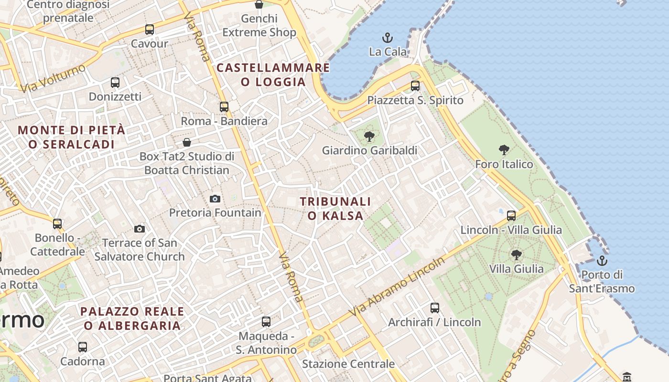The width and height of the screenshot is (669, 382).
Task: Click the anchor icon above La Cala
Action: click(x=388, y=37)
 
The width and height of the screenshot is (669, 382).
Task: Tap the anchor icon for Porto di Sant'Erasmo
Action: click(x=602, y=261)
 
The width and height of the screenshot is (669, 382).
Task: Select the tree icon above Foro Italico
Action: click(x=504, y=150)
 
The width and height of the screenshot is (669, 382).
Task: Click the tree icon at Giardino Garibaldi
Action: click(x=369, y=137)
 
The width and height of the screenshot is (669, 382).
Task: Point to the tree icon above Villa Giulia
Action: click(x=516, y=255)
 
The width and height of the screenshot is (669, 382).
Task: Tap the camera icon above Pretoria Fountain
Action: click(x=215, y=199)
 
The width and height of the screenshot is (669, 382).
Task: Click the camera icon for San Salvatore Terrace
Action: click(x=140, y=229)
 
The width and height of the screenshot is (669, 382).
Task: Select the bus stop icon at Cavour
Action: click(x=150, y=30)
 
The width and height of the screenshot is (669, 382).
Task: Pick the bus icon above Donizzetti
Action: click(x=115, y=83)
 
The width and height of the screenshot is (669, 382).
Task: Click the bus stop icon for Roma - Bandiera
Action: click(x=224, y=107)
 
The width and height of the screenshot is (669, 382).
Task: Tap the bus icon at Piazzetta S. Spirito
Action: click(x=415, y=86)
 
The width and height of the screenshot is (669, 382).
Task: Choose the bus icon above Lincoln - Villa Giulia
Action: click(x=511, y=216)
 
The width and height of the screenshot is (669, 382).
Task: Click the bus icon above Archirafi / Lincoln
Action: click(x=434, y=308)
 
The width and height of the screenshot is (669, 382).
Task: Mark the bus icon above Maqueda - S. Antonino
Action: click(x=266, y=322)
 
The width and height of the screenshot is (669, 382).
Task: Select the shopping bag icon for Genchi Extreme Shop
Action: click(x=259, y=5)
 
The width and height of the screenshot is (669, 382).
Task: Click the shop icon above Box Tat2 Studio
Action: click(x=187, y=142)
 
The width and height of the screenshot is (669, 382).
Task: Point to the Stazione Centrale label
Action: click(x=348, y=364)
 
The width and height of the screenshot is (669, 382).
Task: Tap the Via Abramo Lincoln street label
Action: click(x=397, y=287)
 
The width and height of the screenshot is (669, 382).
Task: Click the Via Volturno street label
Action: click(x=53, y=78)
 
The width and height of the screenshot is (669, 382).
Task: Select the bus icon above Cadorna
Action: click(x=83, y=347)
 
